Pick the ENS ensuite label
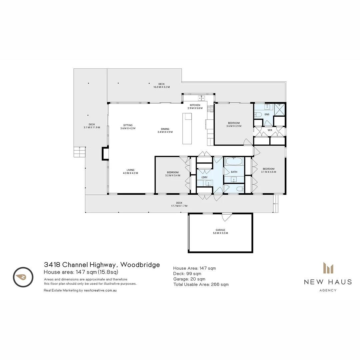pyautogui.click(x=267, y=114)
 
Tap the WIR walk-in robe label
pyautogui.click(x=270, y=130)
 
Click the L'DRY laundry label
pyautogui.click(x=204, y=177)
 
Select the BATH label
pyautogui.click(x=234, y=172)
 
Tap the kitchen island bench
pyautogui.click(x=187, y=128)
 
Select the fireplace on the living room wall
pyautogui.click(x=105, y=154)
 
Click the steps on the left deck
pyautogui.click(x=80, y=152)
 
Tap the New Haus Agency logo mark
pyautogui.click(x=328, y=268)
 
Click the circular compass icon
pyautogui.click(x=23, y=277)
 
